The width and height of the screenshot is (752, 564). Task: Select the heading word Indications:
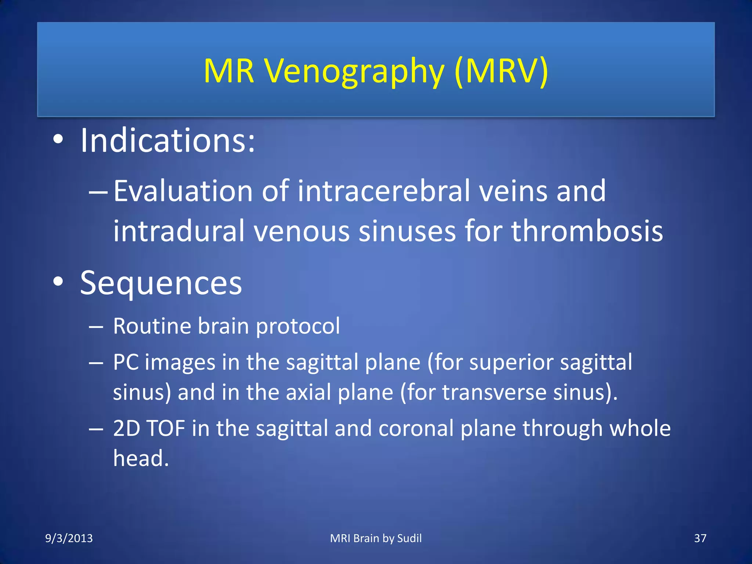167,140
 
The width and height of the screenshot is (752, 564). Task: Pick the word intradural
179,231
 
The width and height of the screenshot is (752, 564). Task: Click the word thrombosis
587,231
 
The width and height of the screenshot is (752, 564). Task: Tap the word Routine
152,326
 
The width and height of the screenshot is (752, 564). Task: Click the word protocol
298,326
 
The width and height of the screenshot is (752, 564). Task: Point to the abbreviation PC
126,362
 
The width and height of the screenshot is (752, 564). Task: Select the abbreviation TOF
166,428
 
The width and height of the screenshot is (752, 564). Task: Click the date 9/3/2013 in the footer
69,538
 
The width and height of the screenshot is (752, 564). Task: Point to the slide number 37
700,538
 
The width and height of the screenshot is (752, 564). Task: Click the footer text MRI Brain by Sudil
376,538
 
